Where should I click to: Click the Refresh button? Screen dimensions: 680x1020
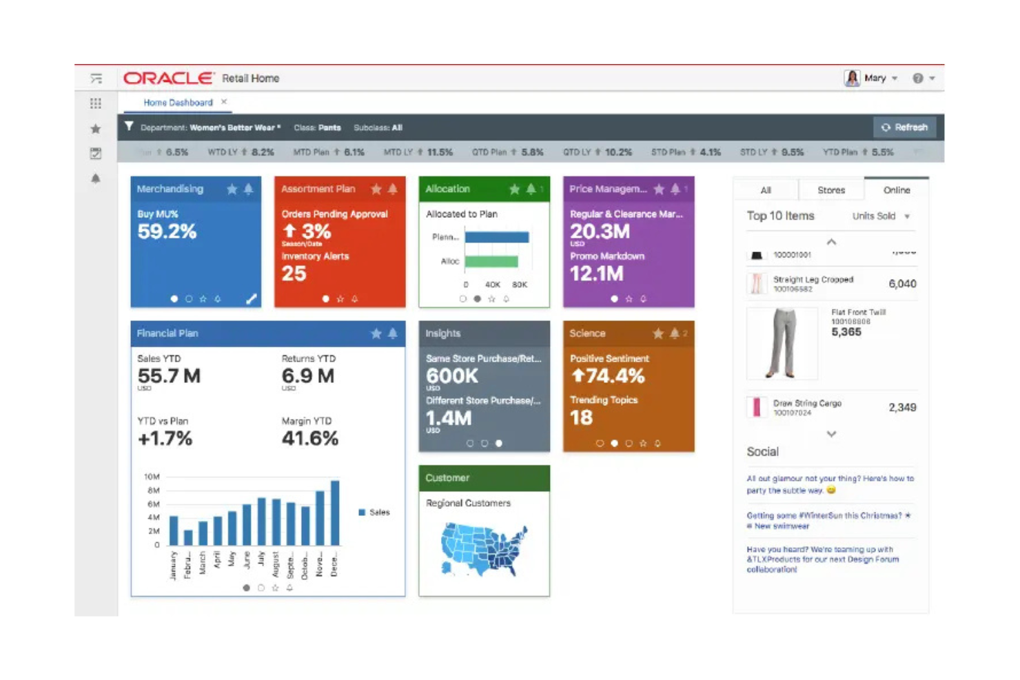click(x=904, y=127)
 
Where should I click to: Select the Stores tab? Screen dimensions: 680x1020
click(x=830, y=190)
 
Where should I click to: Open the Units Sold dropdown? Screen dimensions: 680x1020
click(x=881, y=216)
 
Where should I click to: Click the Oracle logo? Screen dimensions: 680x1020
click(x=169, y=79)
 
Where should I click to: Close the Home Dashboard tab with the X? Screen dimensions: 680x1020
click(x=224, y=102)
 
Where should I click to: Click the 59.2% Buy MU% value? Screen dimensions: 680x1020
click(x=167, y=232)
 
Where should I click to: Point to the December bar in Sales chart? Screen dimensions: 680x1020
click(x=335, y=513)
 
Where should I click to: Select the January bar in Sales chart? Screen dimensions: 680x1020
click(x=174, y=530)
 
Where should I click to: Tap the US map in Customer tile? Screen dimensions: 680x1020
click(x=484, y=549)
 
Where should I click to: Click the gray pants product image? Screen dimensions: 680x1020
click(x=782, y=343)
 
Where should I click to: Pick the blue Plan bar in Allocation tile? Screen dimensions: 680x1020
click(x=496, y=237)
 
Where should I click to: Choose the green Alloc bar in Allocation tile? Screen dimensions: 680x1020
click(x=491, y=262)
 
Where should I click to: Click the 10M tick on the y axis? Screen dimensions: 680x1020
click(x=152, y=477)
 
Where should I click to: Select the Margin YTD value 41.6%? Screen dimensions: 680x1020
click(x=309, y=439)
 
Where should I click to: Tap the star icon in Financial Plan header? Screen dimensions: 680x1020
click(x=376, y=333)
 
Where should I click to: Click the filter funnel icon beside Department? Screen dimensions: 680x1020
click(x=129, y=127)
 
